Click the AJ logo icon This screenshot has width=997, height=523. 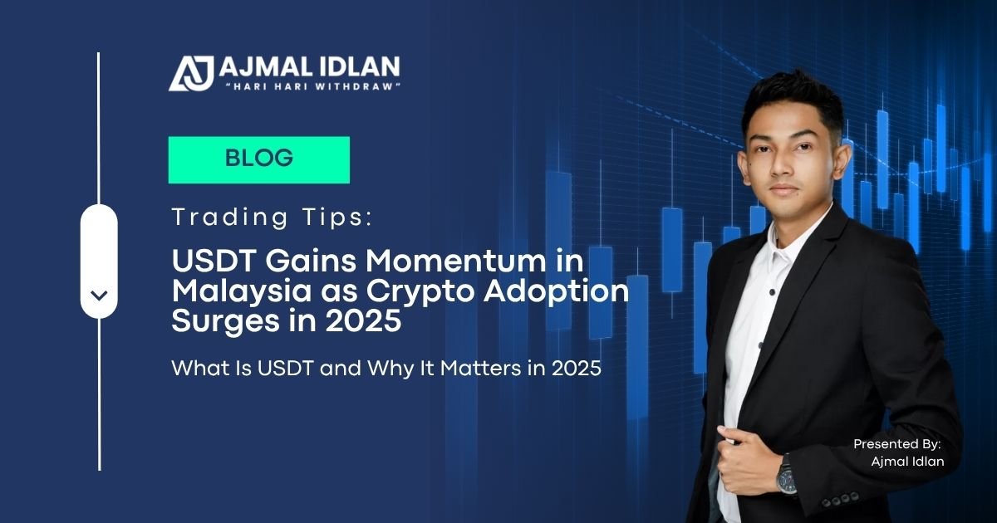tap(191, 73)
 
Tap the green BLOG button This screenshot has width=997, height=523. tap(259, 159)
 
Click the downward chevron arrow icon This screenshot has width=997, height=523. tap(99, 296)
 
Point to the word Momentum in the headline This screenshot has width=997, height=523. tap(455, 261)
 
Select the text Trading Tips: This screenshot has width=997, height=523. tap(272, 218)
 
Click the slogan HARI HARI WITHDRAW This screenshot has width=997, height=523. tap(315, 86)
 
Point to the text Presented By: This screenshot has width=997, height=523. tap(896, 444)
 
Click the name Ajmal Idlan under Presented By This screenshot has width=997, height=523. tap(907, 462)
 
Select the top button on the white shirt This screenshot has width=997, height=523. tap(772, 292)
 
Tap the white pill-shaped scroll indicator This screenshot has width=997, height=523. tap(99, 261)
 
